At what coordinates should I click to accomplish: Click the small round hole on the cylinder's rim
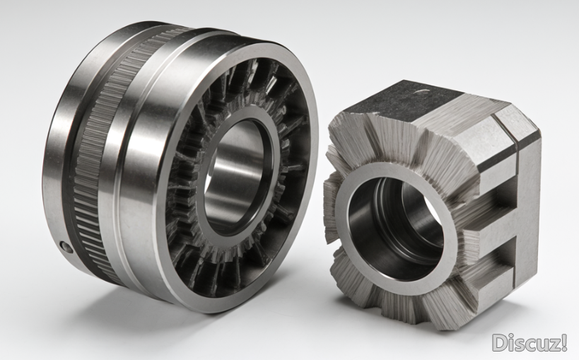pyautogui.click(x=66, y=247)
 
